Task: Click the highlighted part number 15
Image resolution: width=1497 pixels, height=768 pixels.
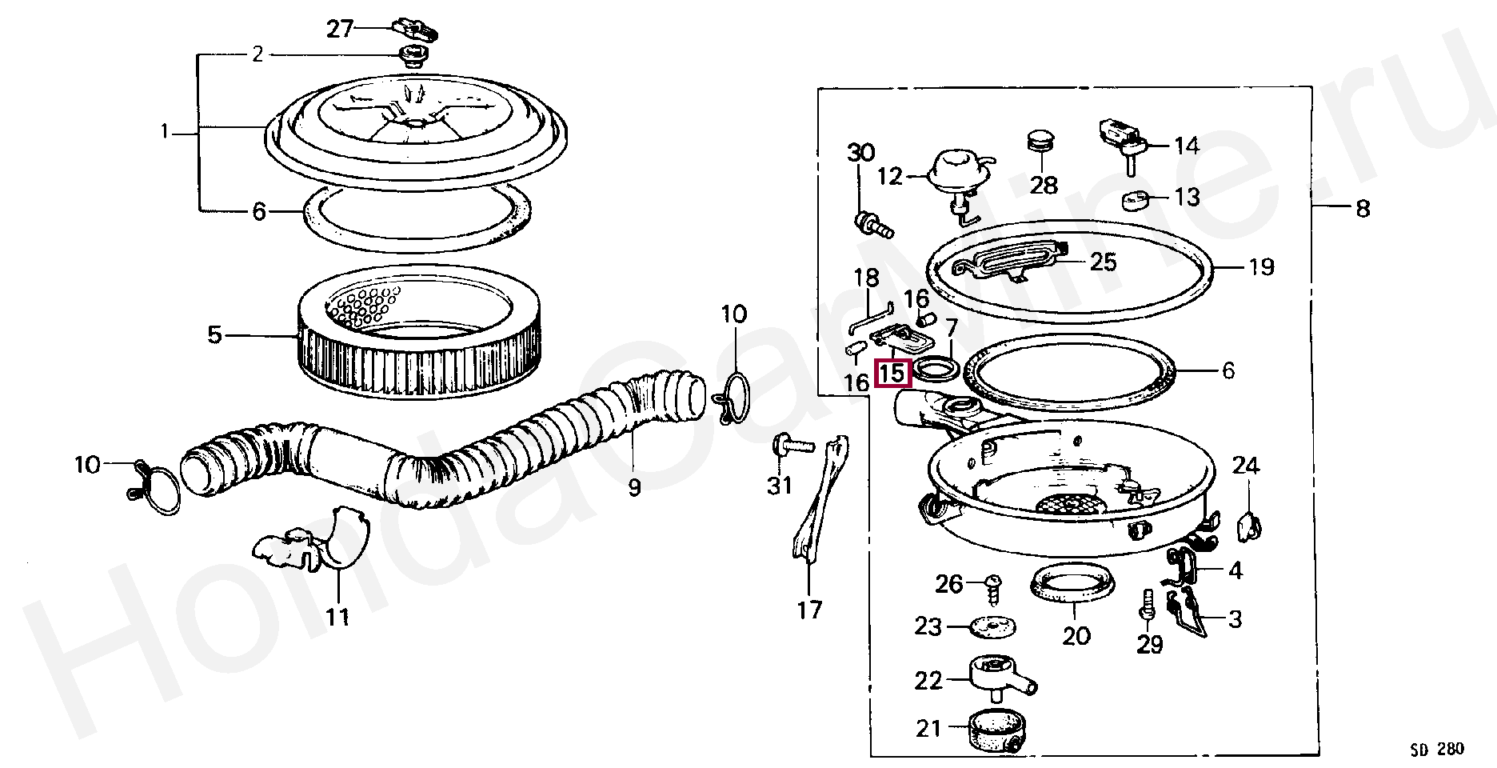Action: tap(892, 373)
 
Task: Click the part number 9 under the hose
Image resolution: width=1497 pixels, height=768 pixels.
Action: tap(634, 487)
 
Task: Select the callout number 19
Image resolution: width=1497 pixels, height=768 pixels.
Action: tap(1260, 266)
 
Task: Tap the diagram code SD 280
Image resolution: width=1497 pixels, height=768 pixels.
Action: tap(1436, 749)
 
